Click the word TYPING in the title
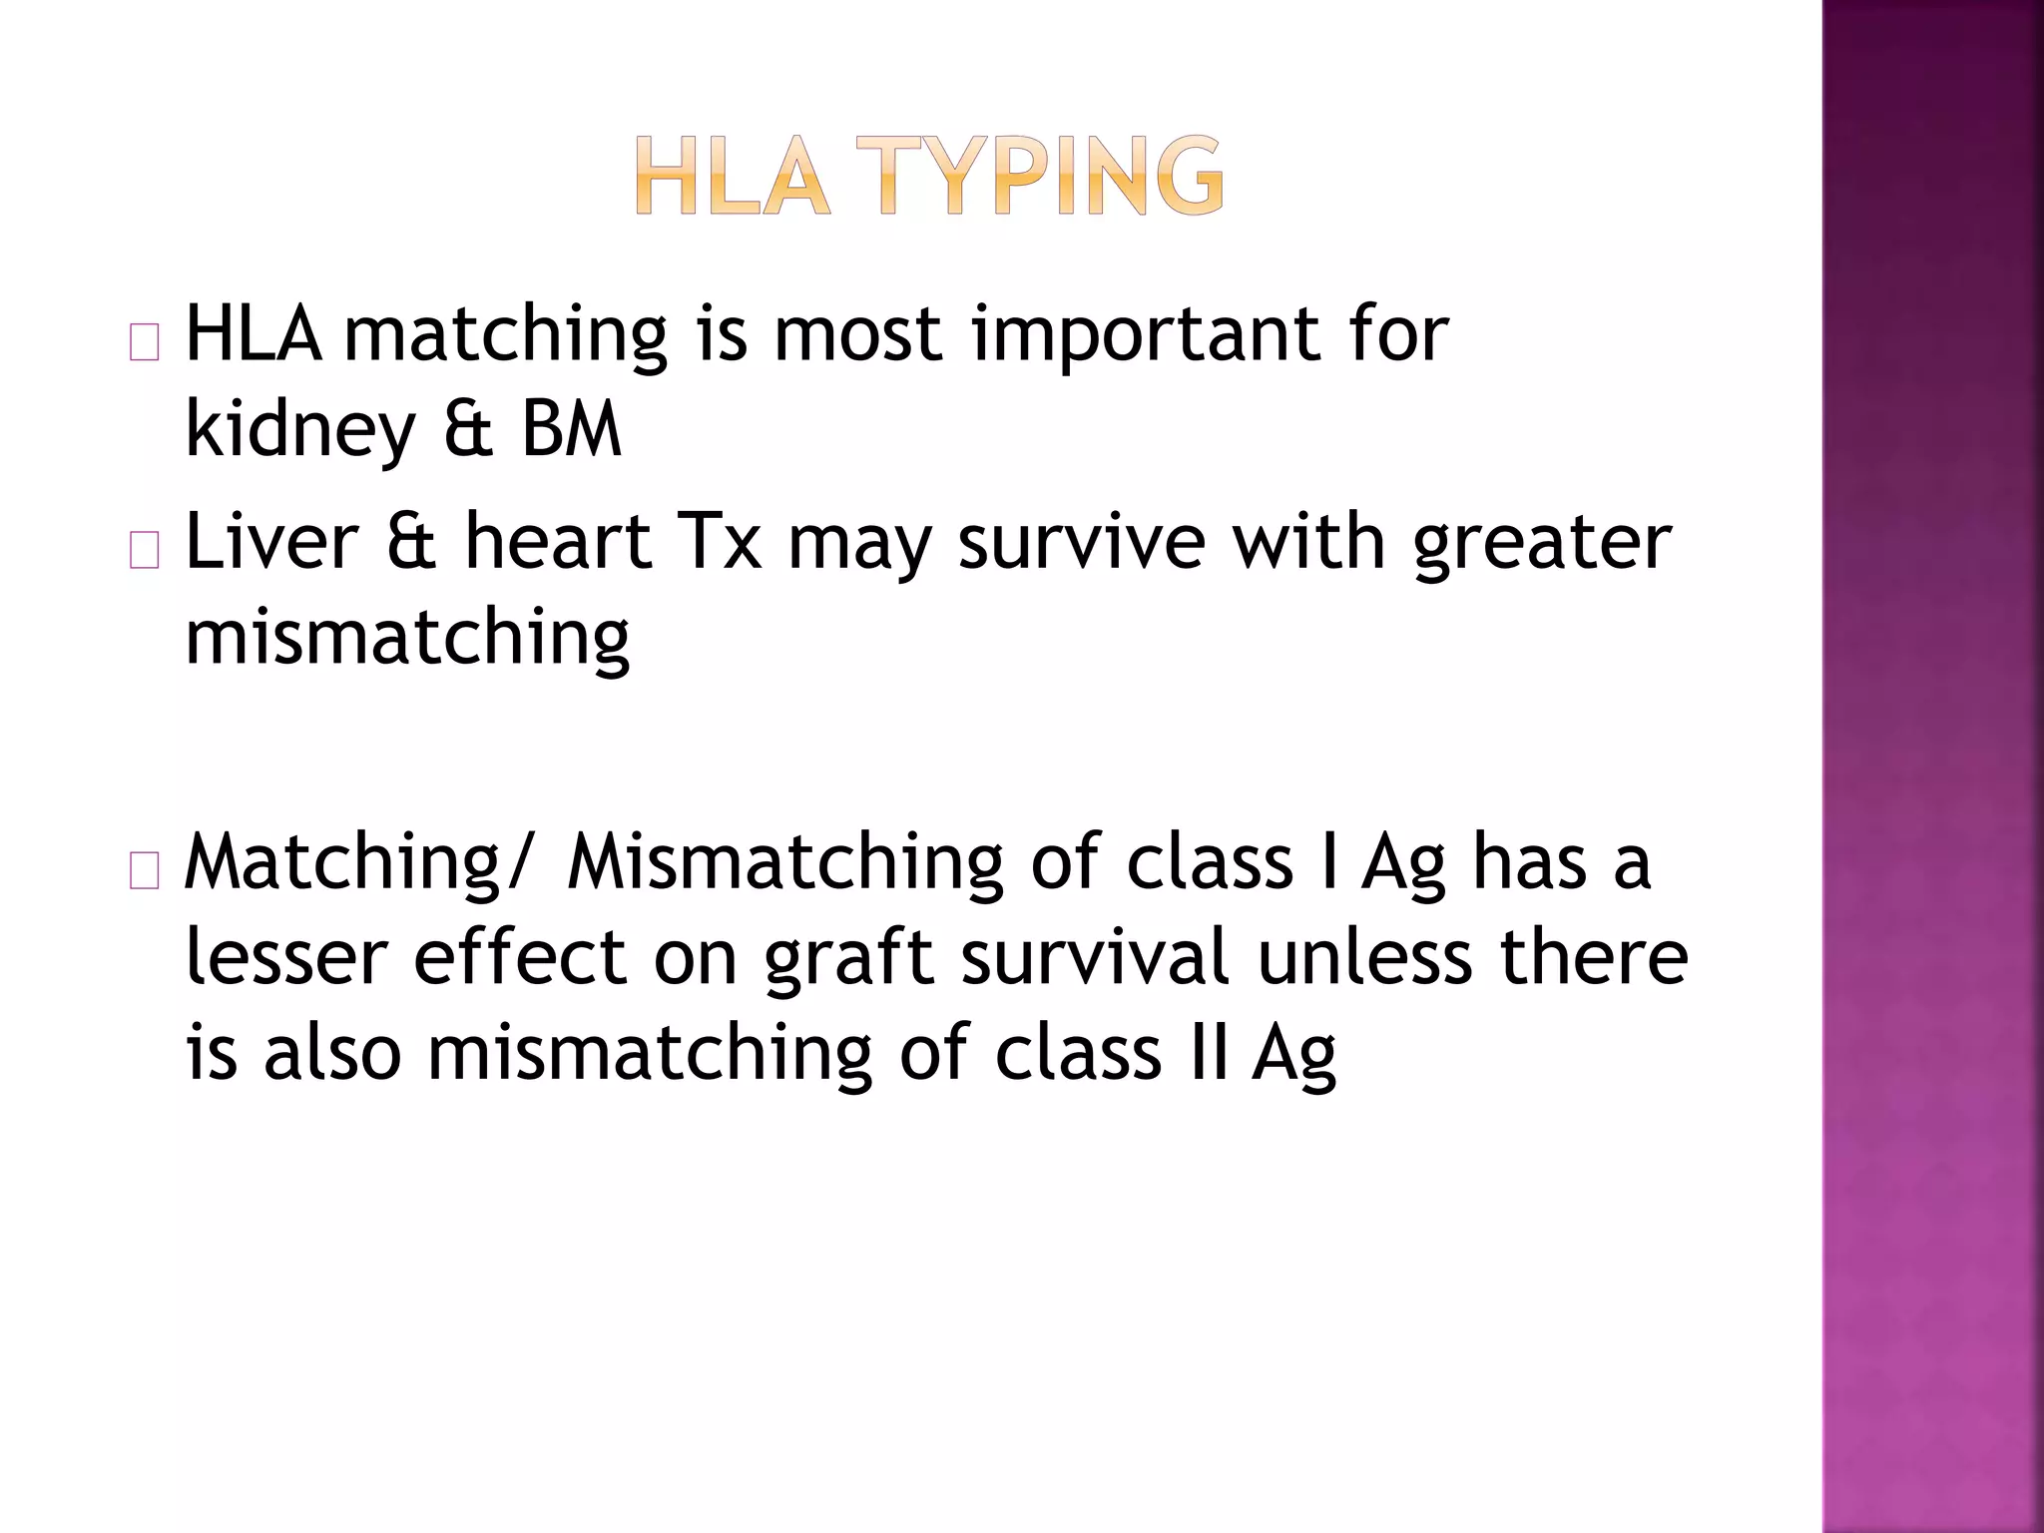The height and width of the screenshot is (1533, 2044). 1052,177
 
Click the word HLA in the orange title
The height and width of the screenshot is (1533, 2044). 732,177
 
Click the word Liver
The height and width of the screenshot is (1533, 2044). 271,542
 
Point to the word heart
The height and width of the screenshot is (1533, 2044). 558,542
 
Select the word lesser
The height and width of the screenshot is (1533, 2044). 286,956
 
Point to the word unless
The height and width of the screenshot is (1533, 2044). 1364,956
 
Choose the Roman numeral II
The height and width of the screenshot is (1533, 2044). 1210,1053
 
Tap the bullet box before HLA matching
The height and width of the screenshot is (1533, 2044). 145,343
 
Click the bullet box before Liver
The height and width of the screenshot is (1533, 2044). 145,551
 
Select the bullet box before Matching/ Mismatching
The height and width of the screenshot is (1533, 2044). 145,871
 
